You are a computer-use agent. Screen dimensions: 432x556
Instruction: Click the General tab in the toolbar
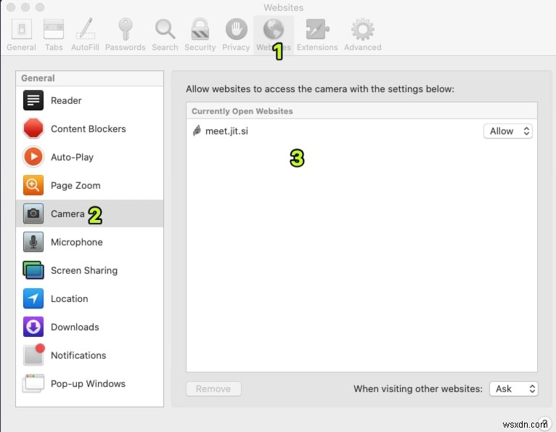pyautogui.click(x=21, y=35)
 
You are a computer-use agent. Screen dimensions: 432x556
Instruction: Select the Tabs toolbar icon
pyautogui.click(x=54, y=35)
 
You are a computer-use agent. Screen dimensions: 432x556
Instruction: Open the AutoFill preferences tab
pyautogui.click(x=86, y=35)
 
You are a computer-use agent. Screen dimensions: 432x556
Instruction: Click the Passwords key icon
pyautogui.click(x=125, y=35)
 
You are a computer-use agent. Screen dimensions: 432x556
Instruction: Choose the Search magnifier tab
pyautogui.click(x=165, y=35)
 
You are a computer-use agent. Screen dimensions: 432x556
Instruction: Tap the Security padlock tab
pyautogui.click(x=200, y=35)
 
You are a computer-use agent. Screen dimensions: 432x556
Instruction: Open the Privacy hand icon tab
pyautogui.click(x=236, y=35)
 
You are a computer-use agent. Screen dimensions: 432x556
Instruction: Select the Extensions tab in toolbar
pyautogui.click(x=317, y=35)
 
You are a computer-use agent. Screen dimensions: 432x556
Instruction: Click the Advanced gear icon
pyautogui.click(x=362, y=35)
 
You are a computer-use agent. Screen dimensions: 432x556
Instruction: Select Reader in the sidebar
pyautogui.click(x=65, y=100)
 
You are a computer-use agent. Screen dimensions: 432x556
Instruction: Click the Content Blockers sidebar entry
pyautogui.click(x=87, y=129)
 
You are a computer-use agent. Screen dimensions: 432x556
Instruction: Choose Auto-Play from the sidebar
pyautogui.click(x=71, y=157)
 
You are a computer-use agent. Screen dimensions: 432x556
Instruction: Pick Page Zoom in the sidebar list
pyautogui.click(x=75, y=185)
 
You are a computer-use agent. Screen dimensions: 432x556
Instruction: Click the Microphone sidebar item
pyautogui.click(x=76, y=242)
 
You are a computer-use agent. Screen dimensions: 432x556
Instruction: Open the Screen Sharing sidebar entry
pyautogui.click(x=83, y=270)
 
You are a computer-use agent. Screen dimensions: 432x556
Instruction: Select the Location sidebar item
pyautogui.click(x=69, y=298)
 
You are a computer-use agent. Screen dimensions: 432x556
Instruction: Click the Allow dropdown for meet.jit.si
pyautogui.click(x=508, y=131)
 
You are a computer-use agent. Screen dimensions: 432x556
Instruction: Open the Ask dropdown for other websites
pyautogui.click(x=513, y=388)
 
